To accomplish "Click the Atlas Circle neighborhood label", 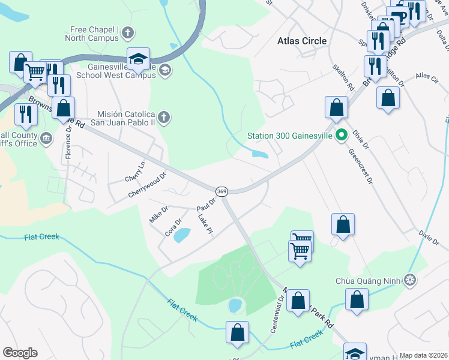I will pos(303,41).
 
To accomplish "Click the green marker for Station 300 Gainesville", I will pos(342,135).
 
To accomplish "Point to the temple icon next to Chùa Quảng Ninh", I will pos(411,279).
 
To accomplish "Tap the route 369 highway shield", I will pos(221,190).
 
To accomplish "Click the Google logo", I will pos(20,353).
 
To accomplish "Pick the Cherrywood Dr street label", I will pos(146,185).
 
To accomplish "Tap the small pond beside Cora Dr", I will pos(182,235).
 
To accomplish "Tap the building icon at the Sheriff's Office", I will pos(46,140).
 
